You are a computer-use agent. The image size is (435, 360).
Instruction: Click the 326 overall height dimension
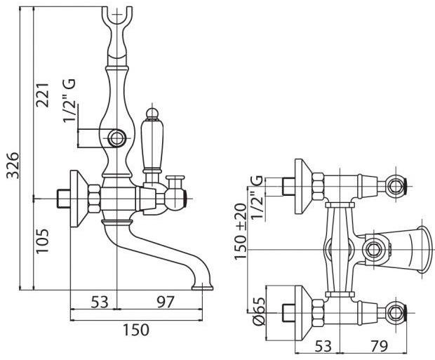[x=12, y=165]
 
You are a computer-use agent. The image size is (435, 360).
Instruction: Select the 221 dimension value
[x=43, y=94]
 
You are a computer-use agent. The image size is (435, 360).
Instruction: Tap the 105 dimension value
[x=42, y=241]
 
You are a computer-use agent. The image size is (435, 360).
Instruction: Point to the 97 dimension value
[x=166, y=302]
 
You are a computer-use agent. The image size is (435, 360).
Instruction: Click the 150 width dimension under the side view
[x=136, y=330]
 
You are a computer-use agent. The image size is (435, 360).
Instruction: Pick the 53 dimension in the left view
[x=100, y=302]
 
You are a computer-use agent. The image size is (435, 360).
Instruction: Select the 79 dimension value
[x=379, y=346]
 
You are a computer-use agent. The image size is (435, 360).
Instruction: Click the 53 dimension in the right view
[x=323, y=346]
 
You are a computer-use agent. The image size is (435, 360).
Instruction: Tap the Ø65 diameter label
[x=259, y=312]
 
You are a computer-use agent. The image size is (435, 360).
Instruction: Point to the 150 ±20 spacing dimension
[x=240, y=231]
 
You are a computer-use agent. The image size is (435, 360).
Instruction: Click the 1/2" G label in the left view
[x=69, y=100]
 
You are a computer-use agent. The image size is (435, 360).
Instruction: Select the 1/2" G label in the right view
[x=256, y=197]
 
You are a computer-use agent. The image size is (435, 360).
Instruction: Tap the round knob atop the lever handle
[x=152, y=114]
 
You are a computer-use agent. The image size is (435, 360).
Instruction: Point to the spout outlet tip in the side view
[x=203, y=287]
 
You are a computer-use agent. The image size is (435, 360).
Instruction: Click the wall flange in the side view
[x=79, y=199]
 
